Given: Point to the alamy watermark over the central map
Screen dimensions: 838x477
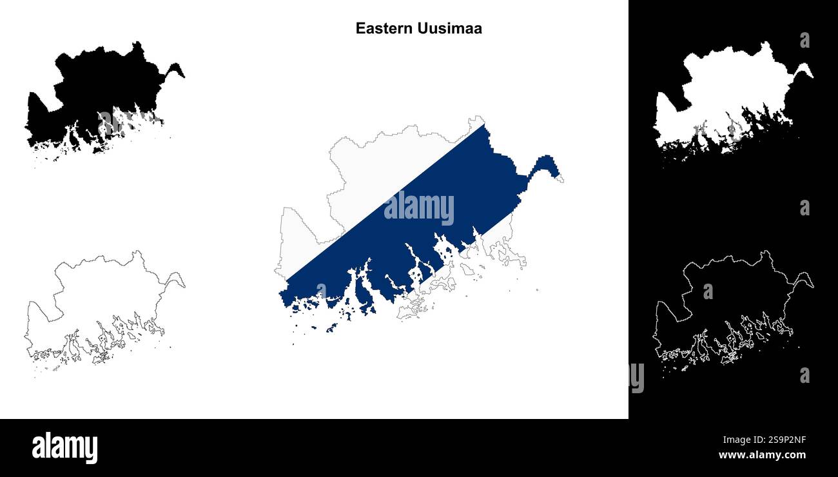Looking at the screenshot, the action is [419, 209].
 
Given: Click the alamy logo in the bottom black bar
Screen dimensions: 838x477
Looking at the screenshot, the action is [64, 448].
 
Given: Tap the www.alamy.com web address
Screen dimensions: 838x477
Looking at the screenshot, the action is [762, 455].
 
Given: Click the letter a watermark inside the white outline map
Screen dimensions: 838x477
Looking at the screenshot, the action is [708, 291].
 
